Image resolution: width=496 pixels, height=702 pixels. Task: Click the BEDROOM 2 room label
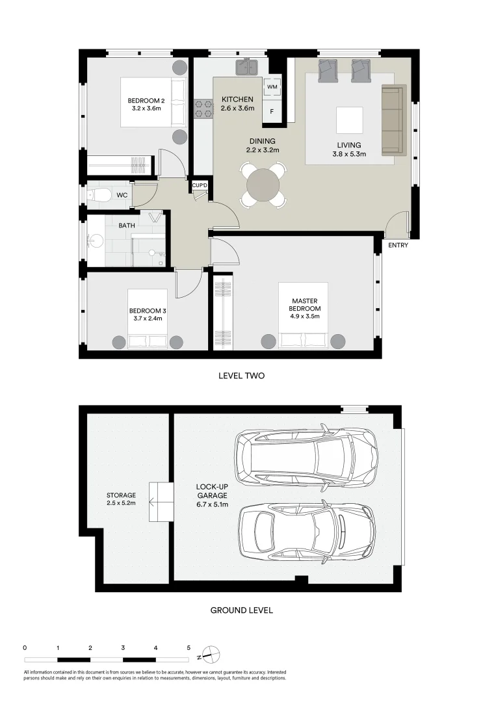pos(146,100)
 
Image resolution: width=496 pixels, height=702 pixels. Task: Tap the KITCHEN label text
pos(237,99)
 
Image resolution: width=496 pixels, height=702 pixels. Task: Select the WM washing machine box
pos(272,86)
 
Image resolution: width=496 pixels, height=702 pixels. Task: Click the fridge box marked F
pos(272,112)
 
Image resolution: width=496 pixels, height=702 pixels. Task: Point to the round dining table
pos(263,185)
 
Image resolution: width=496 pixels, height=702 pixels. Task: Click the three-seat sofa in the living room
pos(393,120)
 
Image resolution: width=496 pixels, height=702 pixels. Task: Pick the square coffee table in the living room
pos(350,120)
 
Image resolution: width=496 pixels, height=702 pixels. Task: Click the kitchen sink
pos(248,66)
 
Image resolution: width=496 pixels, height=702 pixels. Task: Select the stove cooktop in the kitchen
pos(204,109)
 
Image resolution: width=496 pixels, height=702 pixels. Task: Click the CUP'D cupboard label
pos(200,187)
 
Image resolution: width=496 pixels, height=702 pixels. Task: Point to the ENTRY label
pos(398,246)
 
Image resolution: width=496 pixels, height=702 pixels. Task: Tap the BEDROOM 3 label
pos(145,311)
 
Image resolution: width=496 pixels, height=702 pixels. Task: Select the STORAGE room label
pos(122,495)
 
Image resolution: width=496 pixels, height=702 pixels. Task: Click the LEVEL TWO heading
pos(241,376)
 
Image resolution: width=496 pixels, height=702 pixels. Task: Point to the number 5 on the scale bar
pos(189,647)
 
